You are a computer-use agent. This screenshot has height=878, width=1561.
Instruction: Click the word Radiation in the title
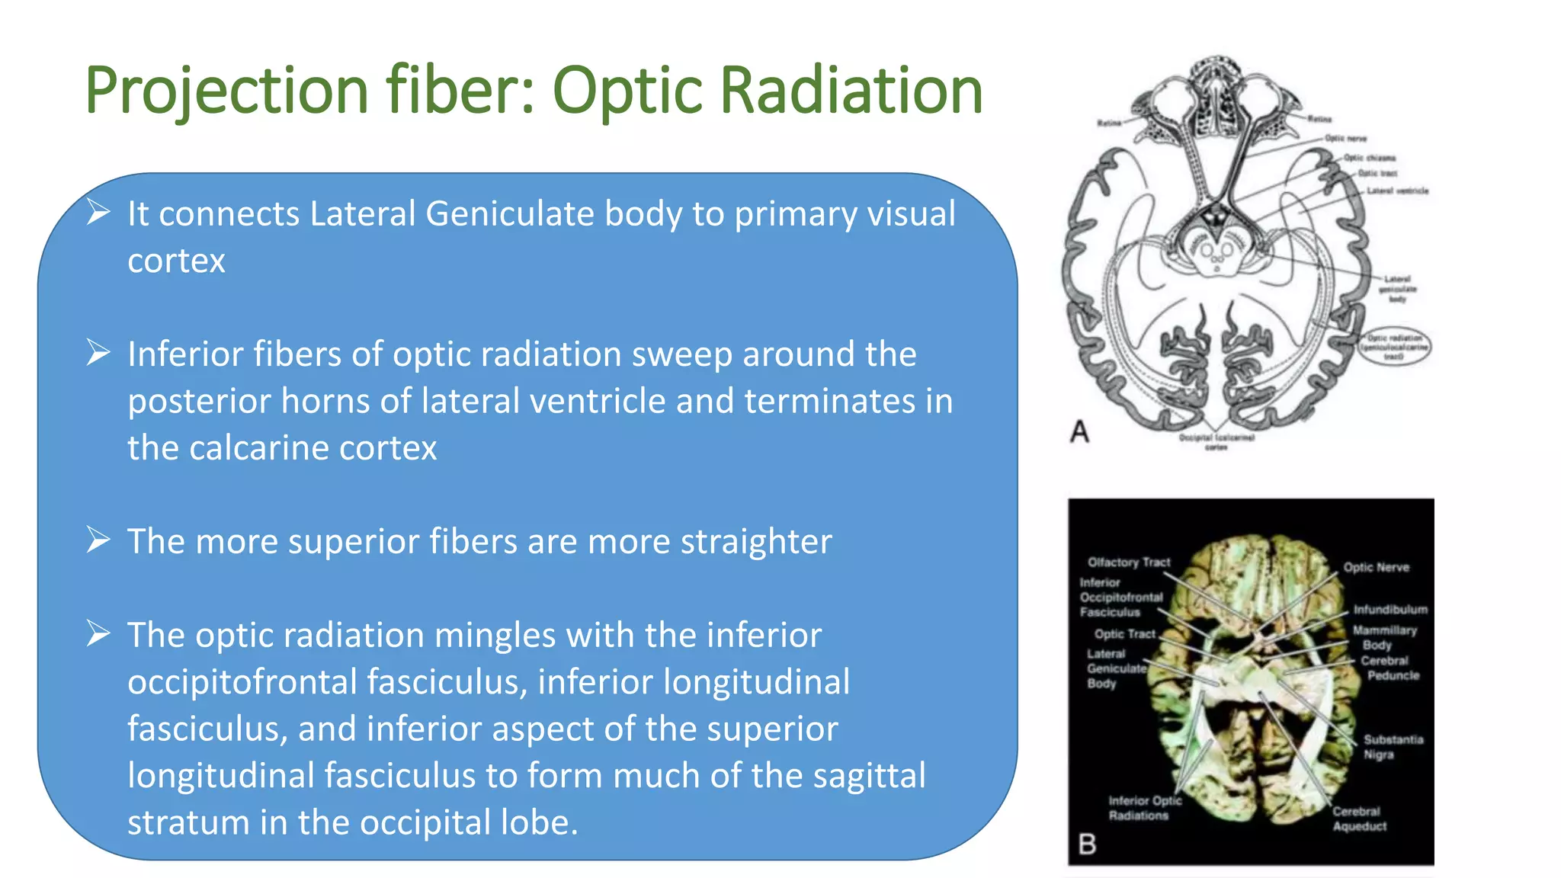click(x=851, y=91)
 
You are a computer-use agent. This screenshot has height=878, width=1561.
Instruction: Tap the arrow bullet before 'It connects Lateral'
click(x=98, y=212)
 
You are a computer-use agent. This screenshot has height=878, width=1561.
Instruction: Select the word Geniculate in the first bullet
click(x=509, y=213)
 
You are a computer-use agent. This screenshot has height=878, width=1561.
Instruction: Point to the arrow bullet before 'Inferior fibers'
click(x=98, y=352)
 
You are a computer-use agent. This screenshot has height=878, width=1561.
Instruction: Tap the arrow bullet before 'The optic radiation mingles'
click(x=98, y=633)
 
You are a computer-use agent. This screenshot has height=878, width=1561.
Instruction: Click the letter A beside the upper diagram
click(x=1079, y=432)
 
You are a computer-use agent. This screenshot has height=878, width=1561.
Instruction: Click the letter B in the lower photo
click(x=1088, y=844)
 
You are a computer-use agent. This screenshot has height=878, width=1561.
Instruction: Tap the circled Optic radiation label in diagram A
click(x=1394, y=347)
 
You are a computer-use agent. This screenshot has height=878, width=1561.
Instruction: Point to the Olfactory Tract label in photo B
click(x=1128, y=562)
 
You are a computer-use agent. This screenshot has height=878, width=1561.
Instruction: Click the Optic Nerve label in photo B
click(x=1376, y=568)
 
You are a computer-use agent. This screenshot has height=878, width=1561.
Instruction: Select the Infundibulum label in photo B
click(x=1390, y=610)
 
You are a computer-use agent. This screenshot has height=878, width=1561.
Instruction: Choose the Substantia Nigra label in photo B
click(x=1393, y=747)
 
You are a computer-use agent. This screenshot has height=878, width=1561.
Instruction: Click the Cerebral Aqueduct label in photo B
click(x=1359, y=819)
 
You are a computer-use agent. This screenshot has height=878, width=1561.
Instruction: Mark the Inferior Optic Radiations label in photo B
click(x=1143, y=808)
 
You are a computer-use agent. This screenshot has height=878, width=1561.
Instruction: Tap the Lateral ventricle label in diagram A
click(x=1397, y=191)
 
